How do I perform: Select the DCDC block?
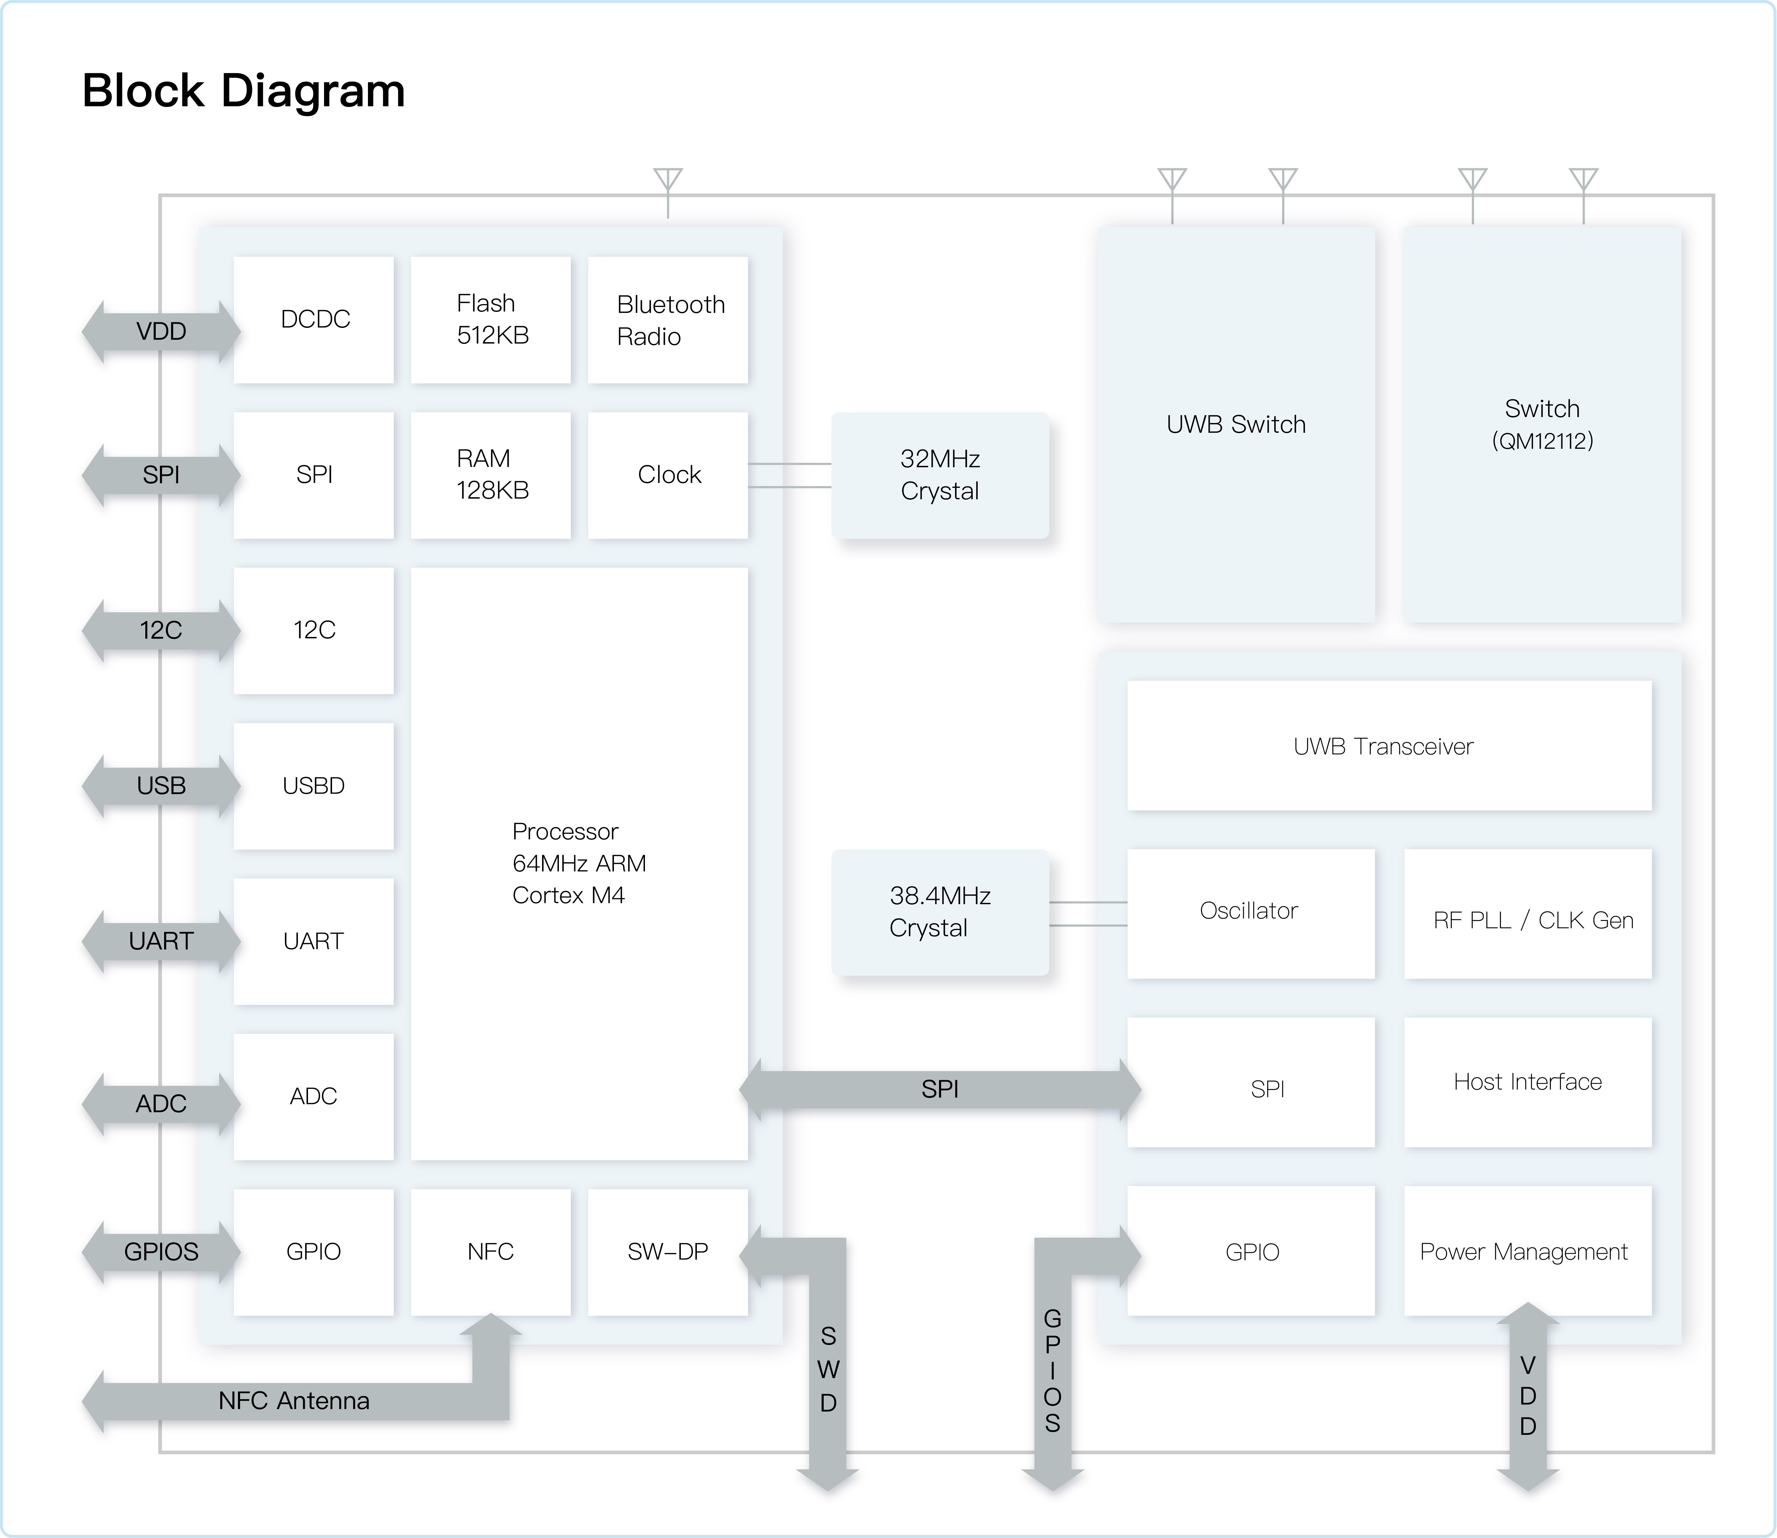point(314,319)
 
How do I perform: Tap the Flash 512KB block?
point(491,319)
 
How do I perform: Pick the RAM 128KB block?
point(491,475)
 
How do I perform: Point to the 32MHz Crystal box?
point(940,475)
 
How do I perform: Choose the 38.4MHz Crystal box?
point(940,912)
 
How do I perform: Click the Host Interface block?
point(1527,1082)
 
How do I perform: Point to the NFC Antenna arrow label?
point(293,1401)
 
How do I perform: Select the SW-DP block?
point(668,1251)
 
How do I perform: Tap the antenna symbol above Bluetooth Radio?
point(668,180)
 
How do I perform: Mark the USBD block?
point(314,785)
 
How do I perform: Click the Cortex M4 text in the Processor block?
point(568,895)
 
